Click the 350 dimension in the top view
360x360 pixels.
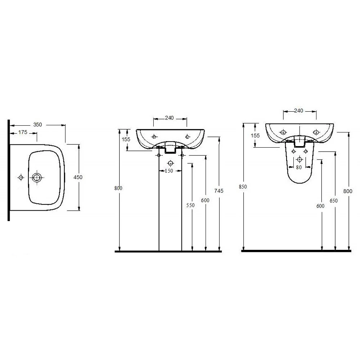38,125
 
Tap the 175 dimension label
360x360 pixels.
23,132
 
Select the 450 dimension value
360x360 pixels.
78,177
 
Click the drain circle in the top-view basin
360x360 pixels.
37,177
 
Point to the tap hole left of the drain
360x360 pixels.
21,177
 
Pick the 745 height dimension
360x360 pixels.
219,191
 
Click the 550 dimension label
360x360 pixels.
190,205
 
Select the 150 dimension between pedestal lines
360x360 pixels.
169,171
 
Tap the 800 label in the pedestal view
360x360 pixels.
118,188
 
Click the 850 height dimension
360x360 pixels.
243,187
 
